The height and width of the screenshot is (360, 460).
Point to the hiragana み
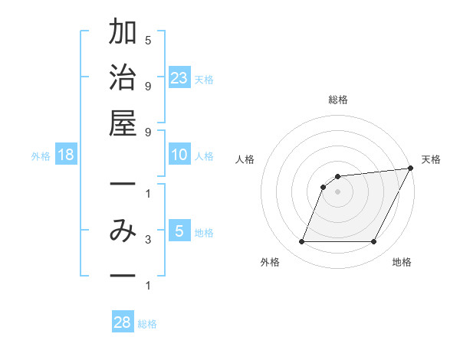click(x=123, y=231)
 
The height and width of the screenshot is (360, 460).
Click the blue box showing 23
click(x=179, y=77)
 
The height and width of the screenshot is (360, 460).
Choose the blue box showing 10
click(x=179, y=155)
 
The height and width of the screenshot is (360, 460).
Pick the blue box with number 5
click(x=179, y=231)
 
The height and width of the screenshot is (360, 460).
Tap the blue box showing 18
click(x=66, y=155)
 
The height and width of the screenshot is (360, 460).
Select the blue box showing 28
click(x=123, y=322)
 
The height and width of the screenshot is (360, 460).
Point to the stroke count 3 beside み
click(x=148, y=240)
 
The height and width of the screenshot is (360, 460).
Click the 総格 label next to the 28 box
click(x=147, y=324)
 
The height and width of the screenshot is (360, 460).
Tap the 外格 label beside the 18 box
click(x=41, y=156)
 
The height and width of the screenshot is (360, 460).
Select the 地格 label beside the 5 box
click(x=204, y=233)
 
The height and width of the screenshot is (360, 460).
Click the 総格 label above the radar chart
click(x=337, y=100)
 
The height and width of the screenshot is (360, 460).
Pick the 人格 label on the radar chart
click(x=245, y=159)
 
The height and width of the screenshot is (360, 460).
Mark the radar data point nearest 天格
click(x=411, y=169)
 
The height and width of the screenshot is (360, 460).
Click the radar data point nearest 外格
click(x=301, y=242)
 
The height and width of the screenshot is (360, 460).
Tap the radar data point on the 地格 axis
click(x=374, y=242)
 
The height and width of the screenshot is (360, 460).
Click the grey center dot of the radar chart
click(x=337, y=191)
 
